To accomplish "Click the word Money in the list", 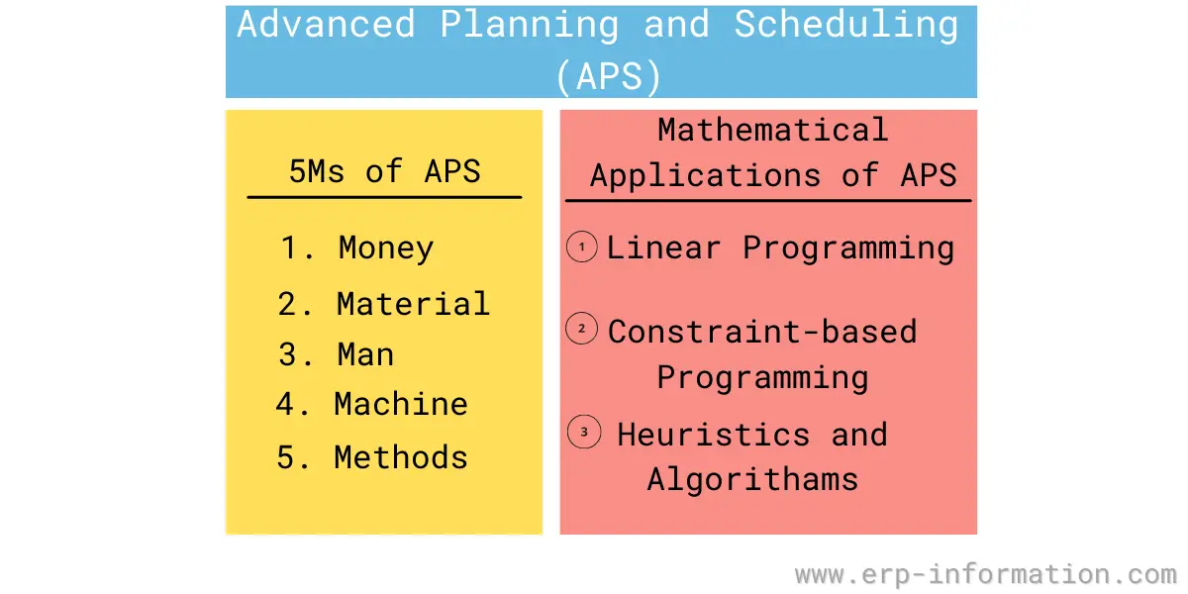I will (x=386, y=247).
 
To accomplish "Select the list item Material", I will (x=413, y=304).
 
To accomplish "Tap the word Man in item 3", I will (x=365, y=354).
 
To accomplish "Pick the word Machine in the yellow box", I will (x=401, y=404).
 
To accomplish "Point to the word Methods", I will (x=401, y=457).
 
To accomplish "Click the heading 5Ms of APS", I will (x=384, y=171).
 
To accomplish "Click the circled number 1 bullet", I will (x=582, y=247).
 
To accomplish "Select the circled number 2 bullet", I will (x=582, y=329).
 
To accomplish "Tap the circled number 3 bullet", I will (x=584, y=433).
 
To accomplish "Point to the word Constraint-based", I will (x=762, y=331).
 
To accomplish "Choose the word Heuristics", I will (x=713, y=435).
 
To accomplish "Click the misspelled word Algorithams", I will (x=752, y=479).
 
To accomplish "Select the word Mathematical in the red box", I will (x=772, y=130).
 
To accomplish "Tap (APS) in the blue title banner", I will (x=607, y=77).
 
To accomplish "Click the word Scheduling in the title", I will (x=846, y=25).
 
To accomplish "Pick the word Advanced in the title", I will (x=326, y=25).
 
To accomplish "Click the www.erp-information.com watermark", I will (x=985, y=574).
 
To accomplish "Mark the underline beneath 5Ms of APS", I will (x=384, y=197).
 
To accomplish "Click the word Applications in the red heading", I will (x=705, y=176).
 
